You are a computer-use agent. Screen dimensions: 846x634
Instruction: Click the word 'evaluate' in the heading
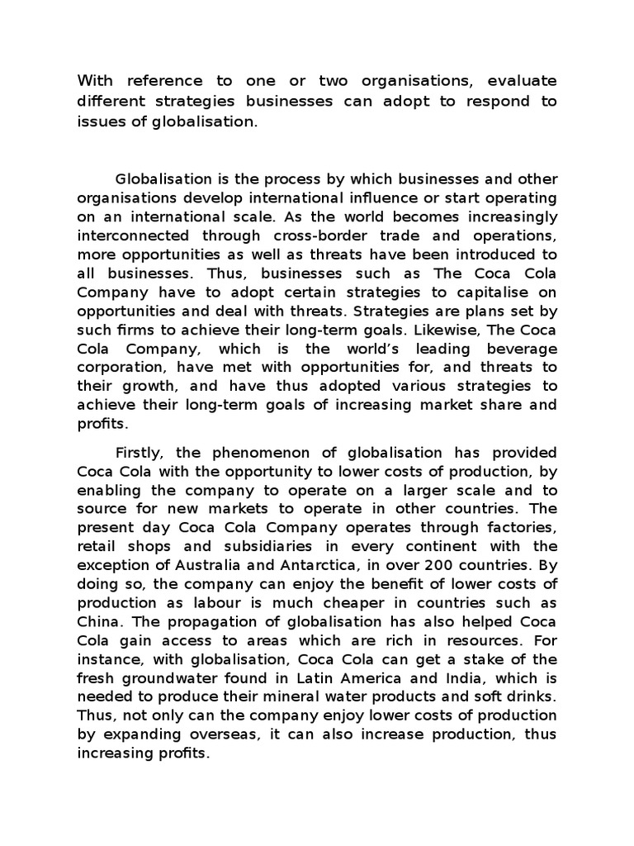tap(522, 81)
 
